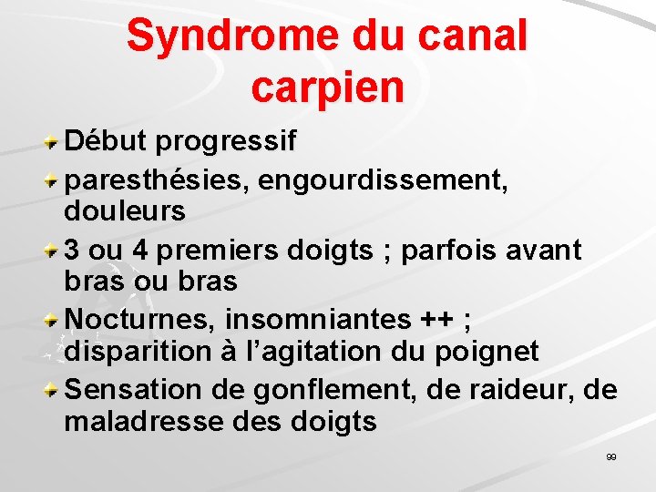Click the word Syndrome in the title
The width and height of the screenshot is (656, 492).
(233, 36)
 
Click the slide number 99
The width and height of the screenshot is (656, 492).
(610, 456)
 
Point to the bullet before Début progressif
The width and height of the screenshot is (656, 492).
(54, 143)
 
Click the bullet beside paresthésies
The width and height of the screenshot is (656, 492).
(54, 179)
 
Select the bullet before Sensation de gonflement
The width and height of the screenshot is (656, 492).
(54, 390)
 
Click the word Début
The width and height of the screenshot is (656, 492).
(107, 142)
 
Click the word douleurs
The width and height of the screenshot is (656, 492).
(125, 212)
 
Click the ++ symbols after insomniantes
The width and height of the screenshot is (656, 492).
(440, 320)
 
